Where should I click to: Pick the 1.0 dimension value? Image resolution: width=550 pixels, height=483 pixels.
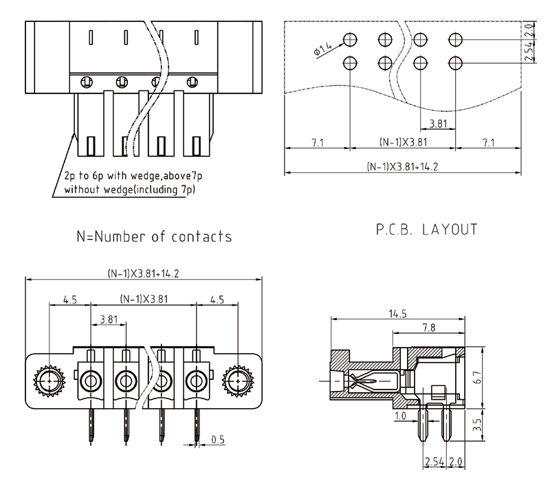[x=399, y=416]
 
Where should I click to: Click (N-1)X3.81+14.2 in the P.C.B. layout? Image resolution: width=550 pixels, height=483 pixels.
[x=402, y=166]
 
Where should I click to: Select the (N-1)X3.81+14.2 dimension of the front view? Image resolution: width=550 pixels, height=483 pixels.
[x=143, y=273]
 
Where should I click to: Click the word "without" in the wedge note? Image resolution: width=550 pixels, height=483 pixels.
[x=83, y=188]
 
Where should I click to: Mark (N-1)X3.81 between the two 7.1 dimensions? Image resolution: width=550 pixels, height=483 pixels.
[x=403, y=142]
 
